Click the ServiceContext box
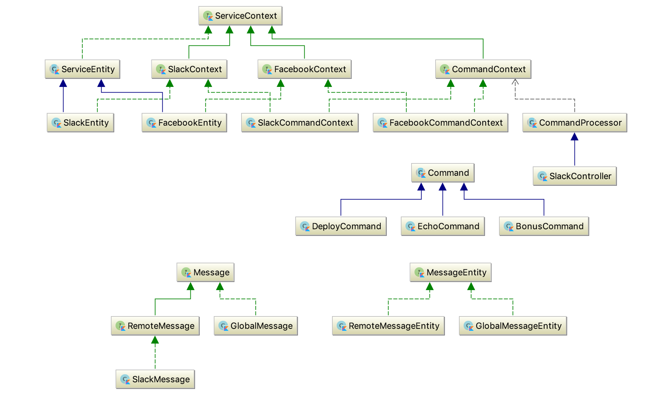point(240,16)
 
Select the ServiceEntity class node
point(82,69)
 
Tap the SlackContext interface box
point(189,69)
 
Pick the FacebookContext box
point(304,69)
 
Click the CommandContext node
point(483,69)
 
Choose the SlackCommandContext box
point(300,123)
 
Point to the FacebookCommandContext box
point(440,123)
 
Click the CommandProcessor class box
point(575,123)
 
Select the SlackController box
point(575,176)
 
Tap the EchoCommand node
point(443,226)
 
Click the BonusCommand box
point(544,226)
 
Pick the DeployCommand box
point(341,226)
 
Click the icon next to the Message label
point(186,272)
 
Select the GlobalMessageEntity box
point(513,326)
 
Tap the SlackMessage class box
point(155,379)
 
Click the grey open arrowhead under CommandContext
point(515,82)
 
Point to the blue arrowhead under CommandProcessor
point(575,137)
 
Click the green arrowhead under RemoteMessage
point(155,340)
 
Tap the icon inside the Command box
point(421,173)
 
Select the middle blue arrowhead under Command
point(443,187)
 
